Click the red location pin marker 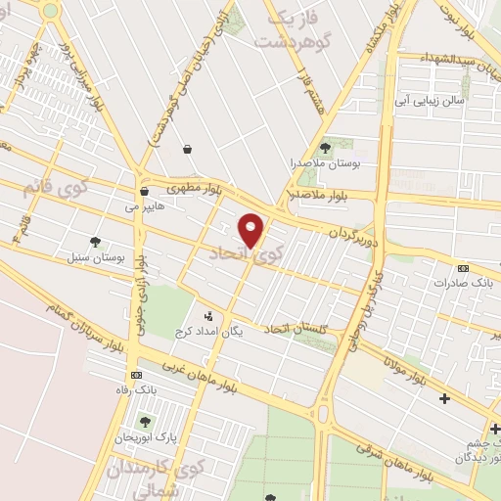coord(251,230)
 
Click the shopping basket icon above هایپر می coord(144,191)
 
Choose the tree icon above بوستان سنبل coord(95,241)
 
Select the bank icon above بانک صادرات coord(463,267)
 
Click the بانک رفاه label coord(134,391)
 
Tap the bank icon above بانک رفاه coord(135,375)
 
